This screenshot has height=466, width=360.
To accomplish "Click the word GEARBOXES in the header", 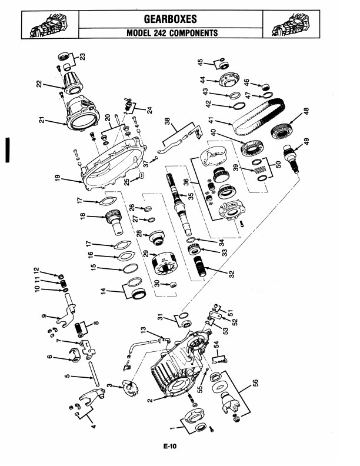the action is (170, 19).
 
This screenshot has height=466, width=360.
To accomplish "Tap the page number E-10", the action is (169, 445).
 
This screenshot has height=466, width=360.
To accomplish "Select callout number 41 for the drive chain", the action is (211, 121).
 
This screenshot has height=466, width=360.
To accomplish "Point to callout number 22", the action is (39, 84).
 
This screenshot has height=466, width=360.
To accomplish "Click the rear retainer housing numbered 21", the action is (82, 114).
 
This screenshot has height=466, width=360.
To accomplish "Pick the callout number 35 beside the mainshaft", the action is (191, 197).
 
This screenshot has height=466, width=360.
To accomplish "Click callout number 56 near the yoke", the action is (255, 383).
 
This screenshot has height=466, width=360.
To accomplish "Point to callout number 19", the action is (58, 178).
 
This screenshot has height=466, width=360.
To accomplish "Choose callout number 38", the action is (168, 121).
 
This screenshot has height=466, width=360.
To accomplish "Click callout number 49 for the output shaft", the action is (306, 141).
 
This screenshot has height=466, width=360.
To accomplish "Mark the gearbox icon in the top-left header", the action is (50, 25).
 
